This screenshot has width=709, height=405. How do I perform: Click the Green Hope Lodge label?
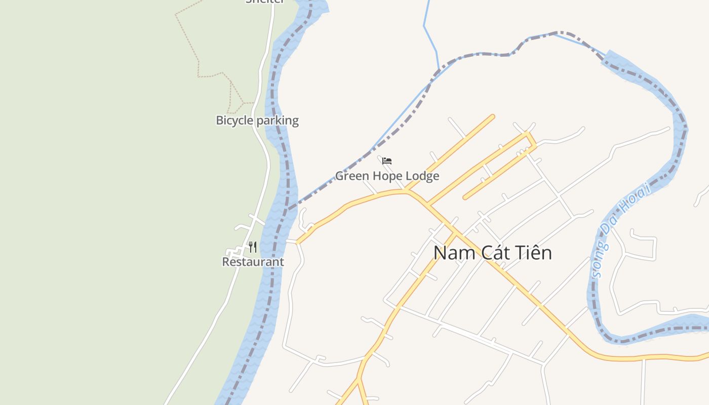click(x=387, y=176)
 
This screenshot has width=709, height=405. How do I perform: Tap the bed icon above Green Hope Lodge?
click(x=387, y=161)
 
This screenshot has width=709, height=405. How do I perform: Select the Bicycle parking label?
click(x=257, y=120)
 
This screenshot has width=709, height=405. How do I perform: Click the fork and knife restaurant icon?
click(x=252, y=247)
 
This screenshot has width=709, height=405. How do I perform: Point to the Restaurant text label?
click(x=253, y=262)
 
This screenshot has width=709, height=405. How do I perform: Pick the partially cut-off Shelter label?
click(x=265, y=2)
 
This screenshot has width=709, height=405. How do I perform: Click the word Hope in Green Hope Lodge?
click(x=387, y=176)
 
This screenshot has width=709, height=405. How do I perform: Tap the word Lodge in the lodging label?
click(x=422, y=176)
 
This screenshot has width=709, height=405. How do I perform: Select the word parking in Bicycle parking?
click(x=278, y=120)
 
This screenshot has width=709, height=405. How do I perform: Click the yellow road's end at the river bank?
click(x=298, y=242)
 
